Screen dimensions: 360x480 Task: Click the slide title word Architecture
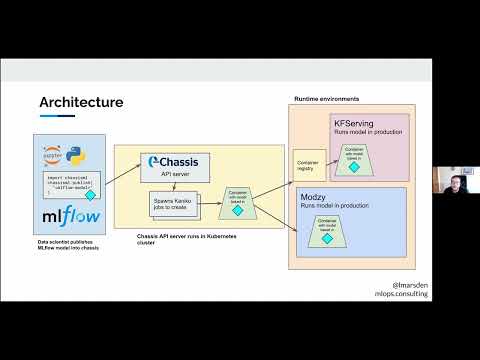pyautogui.click(x=81, y=101)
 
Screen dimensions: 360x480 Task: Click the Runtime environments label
pyautogui.click(x=327, y=99)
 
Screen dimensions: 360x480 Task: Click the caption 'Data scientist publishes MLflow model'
pyautogui.click(x=68, y=246)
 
